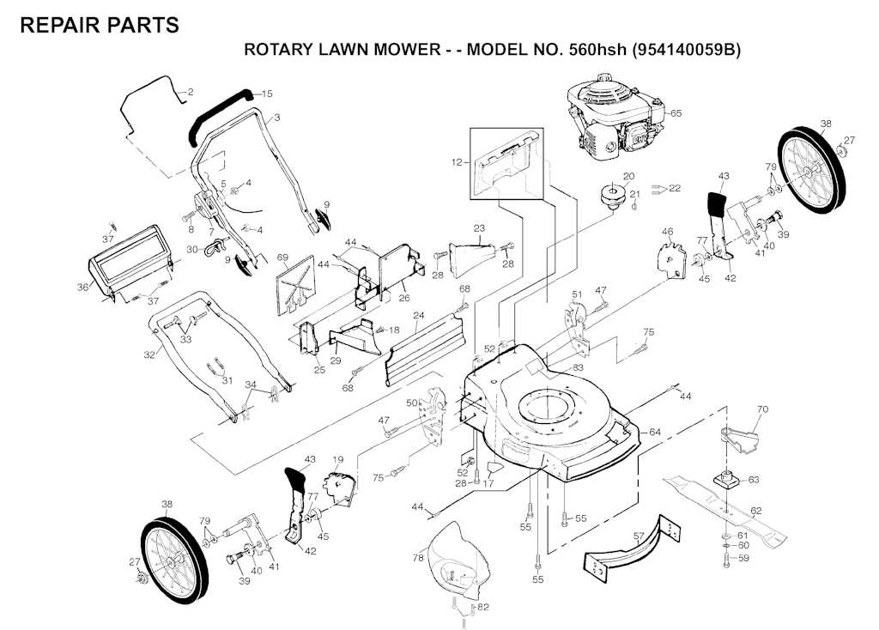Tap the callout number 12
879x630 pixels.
coord(457,161)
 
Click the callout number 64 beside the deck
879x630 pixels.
coord(655,431)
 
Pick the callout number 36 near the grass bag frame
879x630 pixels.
coord(82,287)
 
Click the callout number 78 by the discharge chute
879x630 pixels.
coord(418,558)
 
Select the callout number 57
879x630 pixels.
coord(639,536)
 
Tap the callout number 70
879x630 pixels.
coord(763,410)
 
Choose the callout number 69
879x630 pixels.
coord(282,257)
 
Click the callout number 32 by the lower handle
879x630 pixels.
coord(149,354)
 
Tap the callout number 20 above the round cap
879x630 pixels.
coord(628,177)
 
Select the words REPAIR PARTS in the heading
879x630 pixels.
coord(99,25)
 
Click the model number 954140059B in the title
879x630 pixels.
coord(685,49)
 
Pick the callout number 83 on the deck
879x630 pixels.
coord(578,367)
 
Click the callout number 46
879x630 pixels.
coord(667,232)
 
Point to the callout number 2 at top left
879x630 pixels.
coord(190,92)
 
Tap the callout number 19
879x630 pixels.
coord(337,460)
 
